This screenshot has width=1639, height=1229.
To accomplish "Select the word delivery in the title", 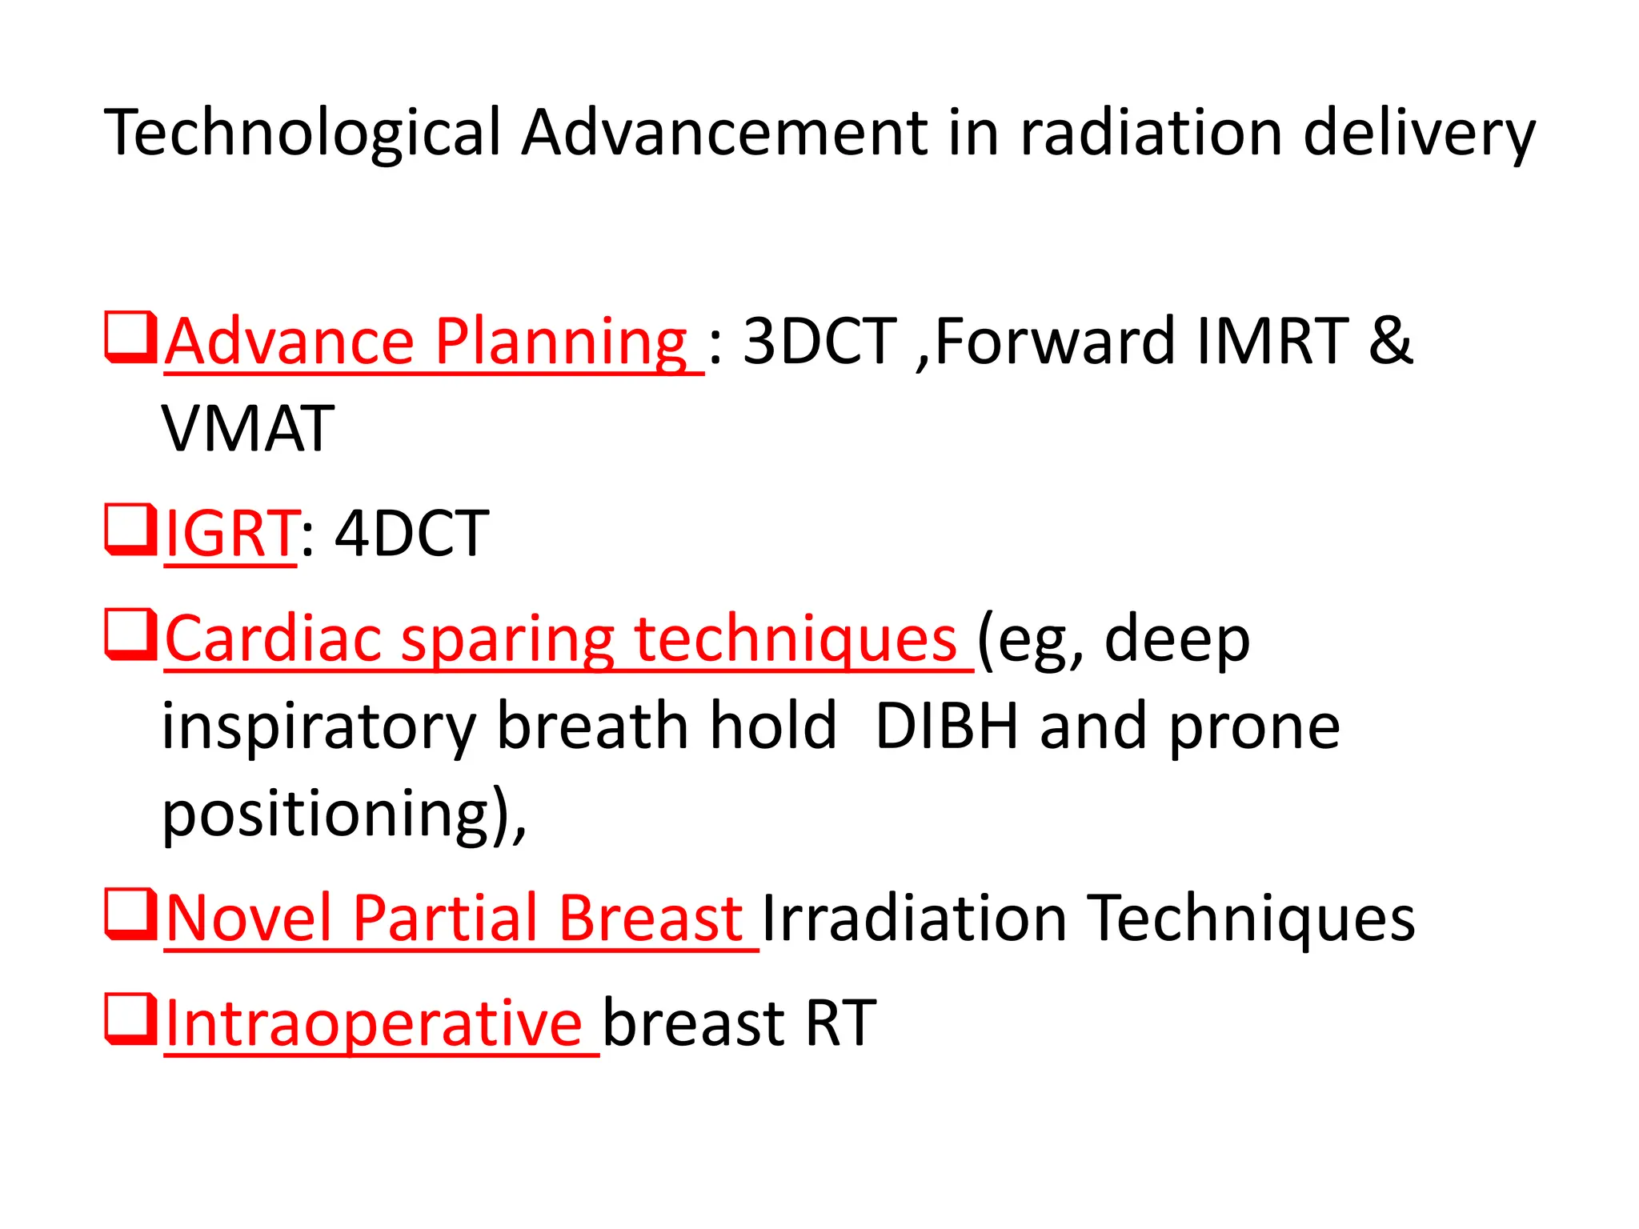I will coord(1419,134).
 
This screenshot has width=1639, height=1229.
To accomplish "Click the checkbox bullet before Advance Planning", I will coord(129,338).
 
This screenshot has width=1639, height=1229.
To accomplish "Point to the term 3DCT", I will coord(820,342).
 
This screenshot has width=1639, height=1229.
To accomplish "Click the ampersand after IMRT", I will coord(1391,342).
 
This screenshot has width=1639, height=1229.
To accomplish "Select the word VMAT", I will coord(248,430).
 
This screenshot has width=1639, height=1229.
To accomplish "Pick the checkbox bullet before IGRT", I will coord(129,529).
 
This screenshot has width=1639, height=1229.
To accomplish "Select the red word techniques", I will coord(795,640).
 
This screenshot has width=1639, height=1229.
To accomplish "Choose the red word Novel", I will coord(249,918).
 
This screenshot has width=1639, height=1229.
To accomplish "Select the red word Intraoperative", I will coord(374,1023).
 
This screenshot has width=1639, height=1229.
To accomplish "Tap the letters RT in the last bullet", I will coord(840,1023).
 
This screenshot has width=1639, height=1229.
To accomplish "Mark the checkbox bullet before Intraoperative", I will coord(129,1019).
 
